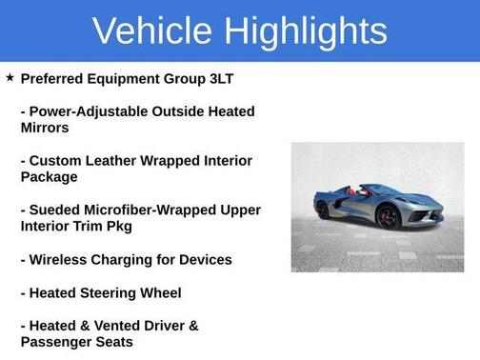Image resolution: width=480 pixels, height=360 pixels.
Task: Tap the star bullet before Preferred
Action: tap(10, 76)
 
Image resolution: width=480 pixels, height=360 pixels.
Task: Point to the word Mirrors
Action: tap(47, 127)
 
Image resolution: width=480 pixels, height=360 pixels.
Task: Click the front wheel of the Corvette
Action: tap(390, 216)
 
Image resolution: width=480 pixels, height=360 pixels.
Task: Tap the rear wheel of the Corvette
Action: tap(324, 210)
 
